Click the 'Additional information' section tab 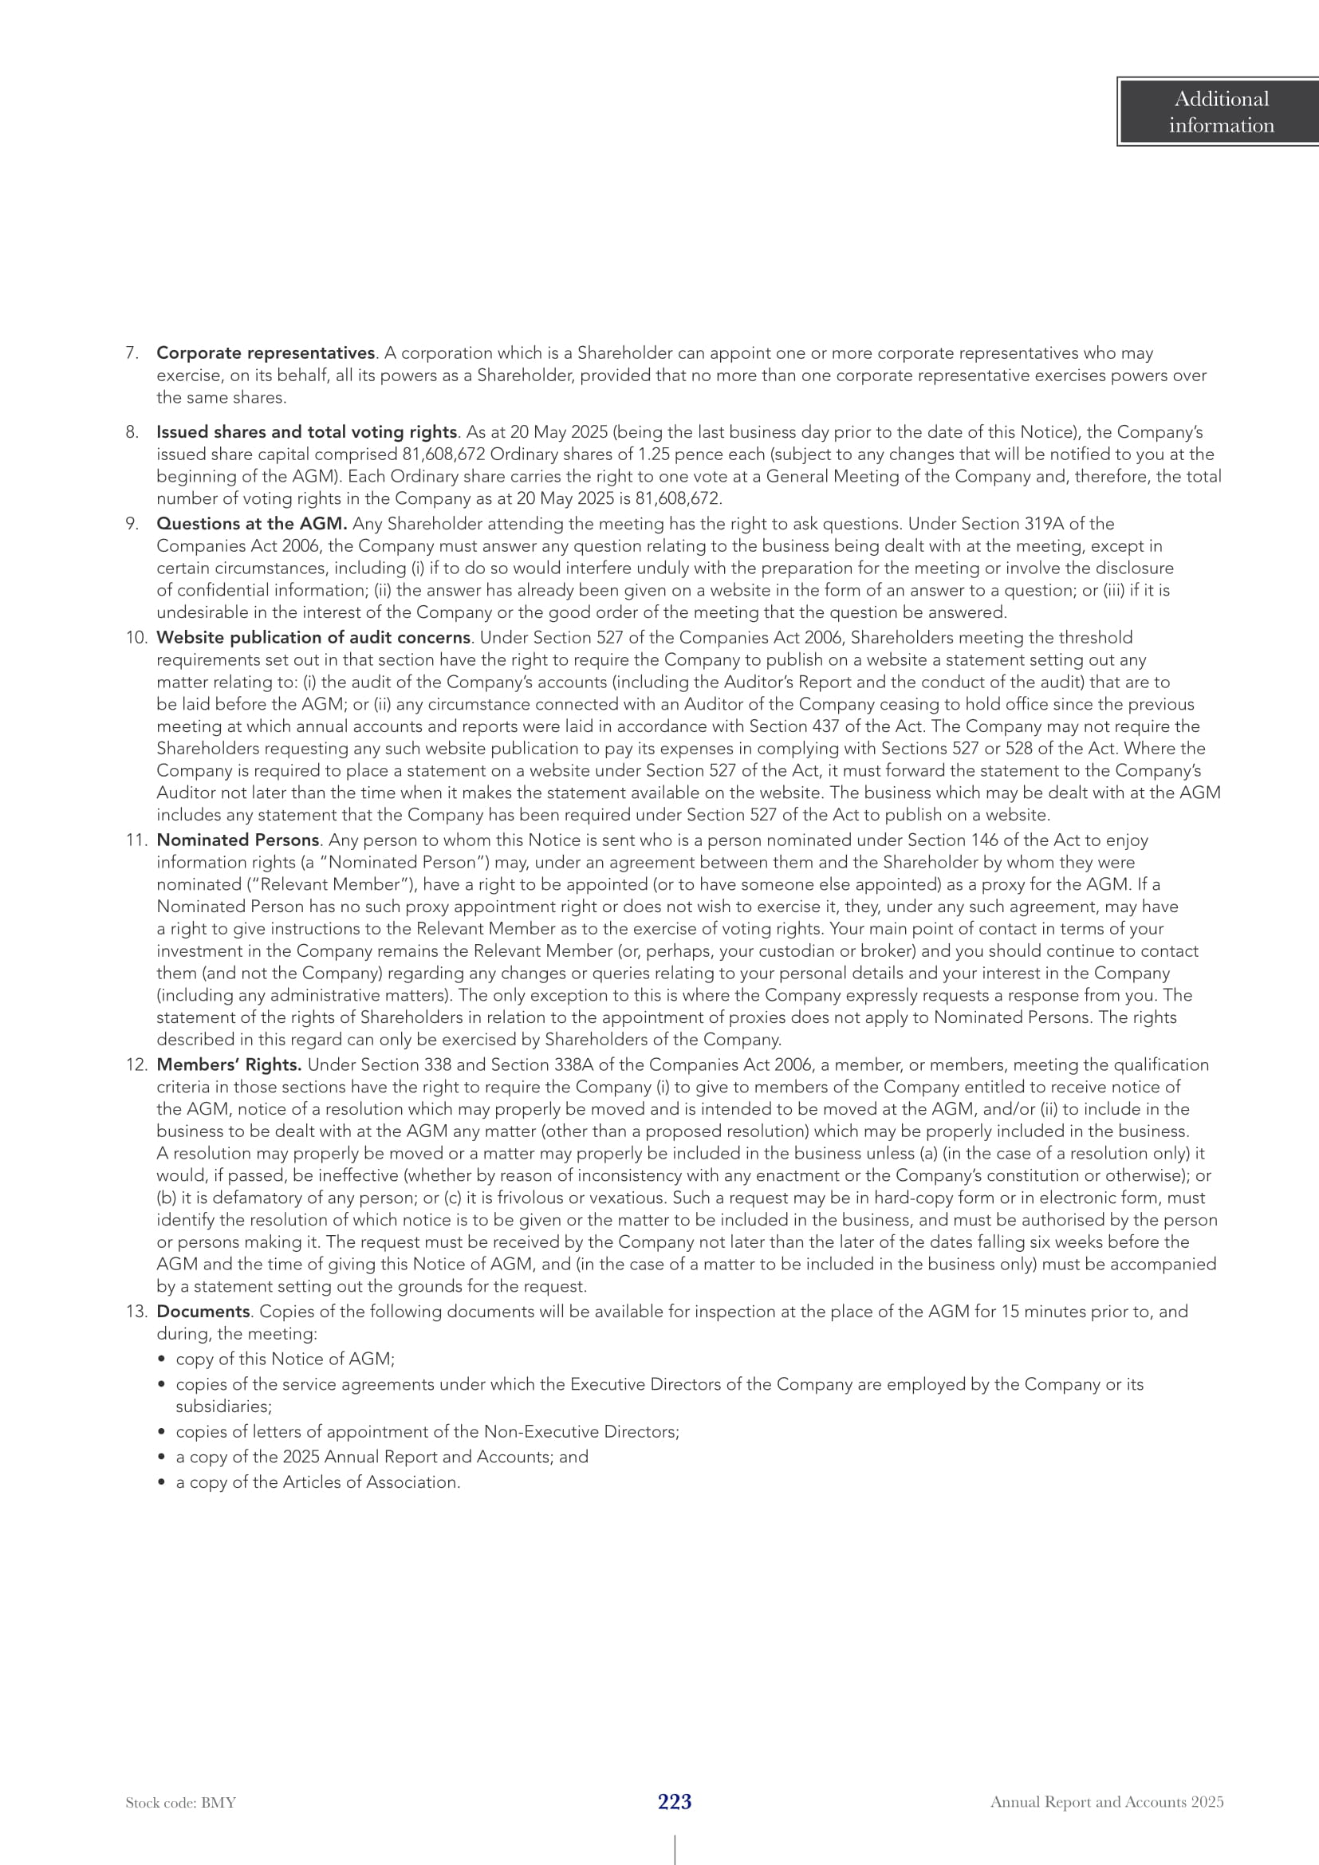click(x=1220, y=112)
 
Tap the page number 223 click(x=674, y=1802)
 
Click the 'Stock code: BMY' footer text click(x=180, y=1803)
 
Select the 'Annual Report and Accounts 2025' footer click(x=1106, y=1802)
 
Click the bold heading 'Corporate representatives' click(x=265, y=353)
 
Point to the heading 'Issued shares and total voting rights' click(x=306, y=432)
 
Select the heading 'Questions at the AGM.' click(x=252, y=524)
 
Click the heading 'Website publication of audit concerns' click(x=313, y=638)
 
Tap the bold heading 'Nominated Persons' click(x=237, y=840)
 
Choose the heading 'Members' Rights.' click(x=229, y=1065)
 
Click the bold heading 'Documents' click(x=203, y=1312)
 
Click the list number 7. click(x=132, y=353)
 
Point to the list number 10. click(x=135, y=638)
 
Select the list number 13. click(x=135, y=1312)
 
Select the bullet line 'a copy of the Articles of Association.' click(x=317, y=1482)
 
